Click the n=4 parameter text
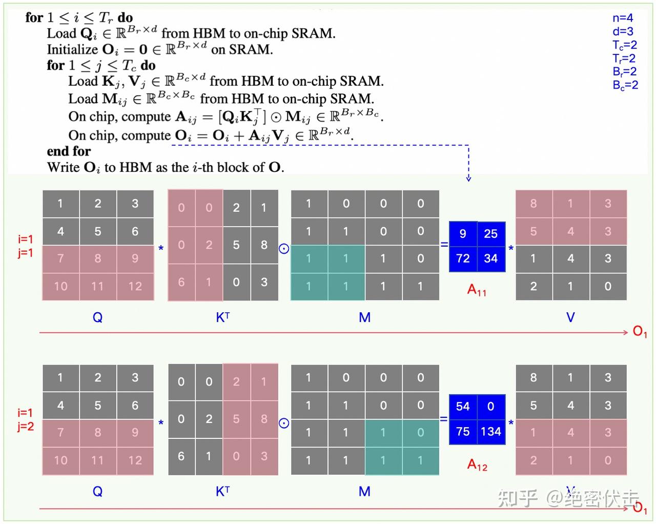click(x=623, y=18)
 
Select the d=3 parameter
click(x=623, y=31)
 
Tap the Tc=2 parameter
click(x=625, y=45)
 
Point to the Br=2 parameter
click(x=625, y=72)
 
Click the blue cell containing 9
click(x=463, y=234)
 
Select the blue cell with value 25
click(x=491, y=234)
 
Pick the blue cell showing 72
click(x=463, y=259)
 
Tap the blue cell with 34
click(x=491, y=259)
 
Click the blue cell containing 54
click(x=463, y=407)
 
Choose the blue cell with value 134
click(x=491, y=432)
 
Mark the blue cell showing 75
click(x=463, y=432)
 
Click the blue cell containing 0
click(x=491, y=407)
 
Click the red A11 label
click(x=477, y=290)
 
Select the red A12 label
click(x=477, y=465)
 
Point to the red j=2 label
click(x=26, y=427)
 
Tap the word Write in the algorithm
click(x=63, y=168)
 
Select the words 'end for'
click(x=69, y=151)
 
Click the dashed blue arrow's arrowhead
click(x=468, y=179)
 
